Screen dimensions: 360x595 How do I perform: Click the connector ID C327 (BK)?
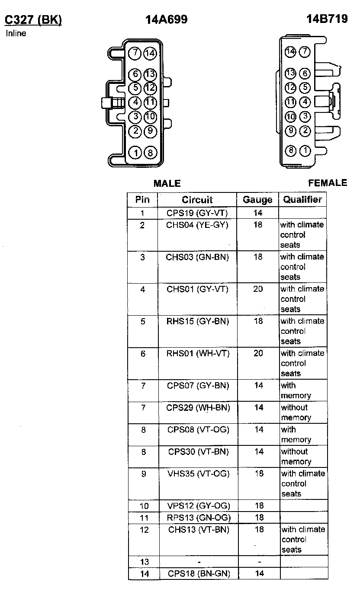point(33,20)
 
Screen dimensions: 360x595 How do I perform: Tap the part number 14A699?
point(167,19)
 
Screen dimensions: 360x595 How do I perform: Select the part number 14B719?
point(327,19)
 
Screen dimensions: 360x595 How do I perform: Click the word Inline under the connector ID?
point(16,34)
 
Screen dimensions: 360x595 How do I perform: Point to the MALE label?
point(167,184)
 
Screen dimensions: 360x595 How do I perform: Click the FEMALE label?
point(328,183)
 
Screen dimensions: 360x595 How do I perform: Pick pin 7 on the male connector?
point(135,53)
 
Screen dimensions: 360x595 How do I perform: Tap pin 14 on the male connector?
point(150,53)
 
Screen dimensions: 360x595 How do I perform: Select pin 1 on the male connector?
point(136,152)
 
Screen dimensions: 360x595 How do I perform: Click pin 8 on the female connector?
point(291,150)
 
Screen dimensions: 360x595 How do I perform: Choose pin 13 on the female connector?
point(290,73)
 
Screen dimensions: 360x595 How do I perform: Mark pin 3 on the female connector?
point(305,116)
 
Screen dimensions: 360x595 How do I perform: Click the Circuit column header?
point(197,200)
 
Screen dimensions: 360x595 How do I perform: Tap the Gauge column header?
point(258,200)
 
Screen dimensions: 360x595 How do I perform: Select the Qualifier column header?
point(302,199)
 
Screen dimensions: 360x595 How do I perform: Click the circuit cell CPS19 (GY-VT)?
point(197,213)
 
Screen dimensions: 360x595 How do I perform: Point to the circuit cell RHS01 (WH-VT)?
point(198,353)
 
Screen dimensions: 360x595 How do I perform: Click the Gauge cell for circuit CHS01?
point(258,289)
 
